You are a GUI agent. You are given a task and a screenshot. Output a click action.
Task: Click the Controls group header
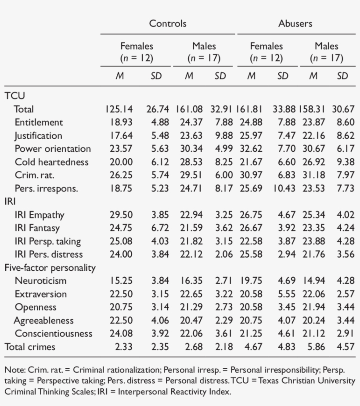(168, 23)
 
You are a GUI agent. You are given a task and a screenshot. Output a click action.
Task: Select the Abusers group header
(295, 23)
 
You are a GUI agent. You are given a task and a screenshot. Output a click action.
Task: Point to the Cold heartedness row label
(51, 162)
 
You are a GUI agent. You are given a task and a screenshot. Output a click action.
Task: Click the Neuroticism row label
(40, 280)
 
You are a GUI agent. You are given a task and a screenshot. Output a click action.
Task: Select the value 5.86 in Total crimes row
(313, 347)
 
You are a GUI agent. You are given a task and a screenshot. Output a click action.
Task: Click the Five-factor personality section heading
(50, 267)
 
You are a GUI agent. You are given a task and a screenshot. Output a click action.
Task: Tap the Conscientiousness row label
(54, 334)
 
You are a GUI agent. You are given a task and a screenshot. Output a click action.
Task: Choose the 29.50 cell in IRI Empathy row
(121, 215)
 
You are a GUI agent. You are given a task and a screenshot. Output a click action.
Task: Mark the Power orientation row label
(53, 149)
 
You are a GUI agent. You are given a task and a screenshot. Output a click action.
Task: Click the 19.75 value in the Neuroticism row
(251, 280)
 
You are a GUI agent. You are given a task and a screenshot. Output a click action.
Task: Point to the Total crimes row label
(30, 347)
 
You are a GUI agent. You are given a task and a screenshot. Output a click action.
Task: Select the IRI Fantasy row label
(37, 228)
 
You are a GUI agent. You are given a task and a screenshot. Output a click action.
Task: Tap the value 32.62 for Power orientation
(251, 149)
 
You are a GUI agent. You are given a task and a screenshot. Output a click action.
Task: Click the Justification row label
(38, 136)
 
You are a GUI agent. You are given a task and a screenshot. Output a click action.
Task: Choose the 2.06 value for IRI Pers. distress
(220, 254)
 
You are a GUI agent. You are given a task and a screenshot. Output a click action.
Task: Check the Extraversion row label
(40, 294)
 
